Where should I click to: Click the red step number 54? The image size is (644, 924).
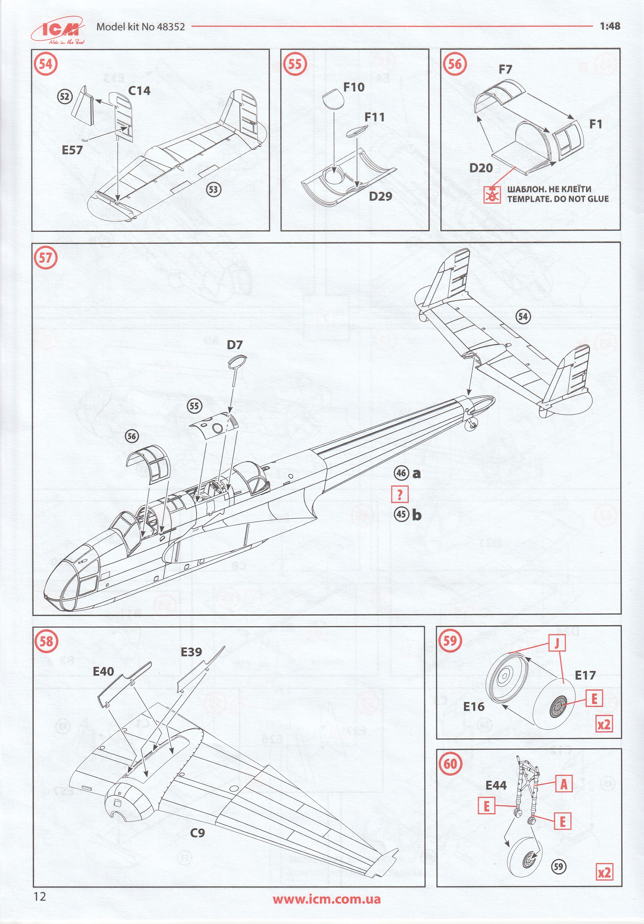46,64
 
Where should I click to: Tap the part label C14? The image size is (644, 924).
139,91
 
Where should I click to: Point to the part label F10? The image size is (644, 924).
354,87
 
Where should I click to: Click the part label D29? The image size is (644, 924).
381,196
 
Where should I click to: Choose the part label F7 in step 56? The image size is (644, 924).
505,70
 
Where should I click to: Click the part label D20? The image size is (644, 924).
481,168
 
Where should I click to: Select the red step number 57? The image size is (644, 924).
46,258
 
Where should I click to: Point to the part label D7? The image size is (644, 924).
235,345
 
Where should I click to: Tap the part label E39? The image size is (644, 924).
191,652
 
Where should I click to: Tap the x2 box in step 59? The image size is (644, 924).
604,724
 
